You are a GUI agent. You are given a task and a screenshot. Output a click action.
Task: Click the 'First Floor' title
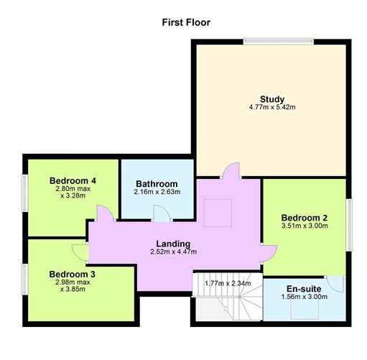186,22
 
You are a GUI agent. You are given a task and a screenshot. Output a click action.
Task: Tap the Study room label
271,99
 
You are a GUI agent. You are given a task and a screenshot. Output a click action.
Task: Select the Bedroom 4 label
73,180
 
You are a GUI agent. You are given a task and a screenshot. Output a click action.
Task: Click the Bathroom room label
156,184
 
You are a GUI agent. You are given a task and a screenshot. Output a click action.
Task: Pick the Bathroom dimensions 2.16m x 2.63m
156,192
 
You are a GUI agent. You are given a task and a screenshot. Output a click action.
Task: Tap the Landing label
172,243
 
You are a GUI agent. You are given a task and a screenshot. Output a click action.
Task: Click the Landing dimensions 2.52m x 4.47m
172,251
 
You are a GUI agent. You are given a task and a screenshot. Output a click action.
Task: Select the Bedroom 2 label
304,217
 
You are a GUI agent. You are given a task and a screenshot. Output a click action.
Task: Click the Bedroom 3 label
72,274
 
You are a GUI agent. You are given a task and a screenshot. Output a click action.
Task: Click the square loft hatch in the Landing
213,211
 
